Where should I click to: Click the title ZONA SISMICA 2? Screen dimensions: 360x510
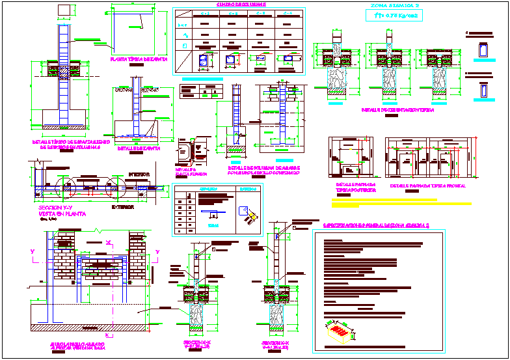coord(394,6)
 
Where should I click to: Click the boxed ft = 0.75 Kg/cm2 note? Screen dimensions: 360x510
coord(394,18)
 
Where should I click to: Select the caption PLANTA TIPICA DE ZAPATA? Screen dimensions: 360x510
coord(139,59)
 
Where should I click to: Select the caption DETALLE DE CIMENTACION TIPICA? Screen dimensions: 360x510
coord(397,110)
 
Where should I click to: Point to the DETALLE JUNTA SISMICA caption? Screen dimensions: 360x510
coord(189,173)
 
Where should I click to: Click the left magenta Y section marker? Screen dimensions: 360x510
coord(33,251)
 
